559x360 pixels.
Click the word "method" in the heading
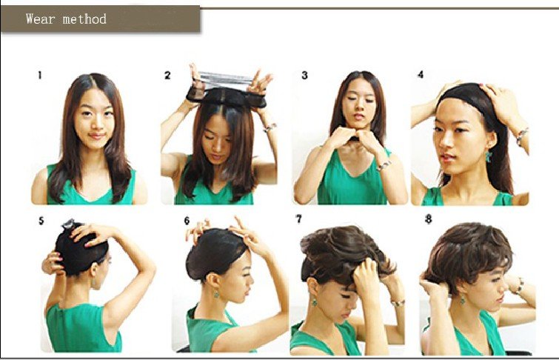84,19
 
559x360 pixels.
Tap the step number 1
40,76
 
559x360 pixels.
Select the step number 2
167,76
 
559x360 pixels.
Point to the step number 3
304,76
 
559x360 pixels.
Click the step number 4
421,75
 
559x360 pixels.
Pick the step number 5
41,221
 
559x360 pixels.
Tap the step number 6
187,221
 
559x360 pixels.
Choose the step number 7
299,219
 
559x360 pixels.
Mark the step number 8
429,219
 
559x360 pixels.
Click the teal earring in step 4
488,156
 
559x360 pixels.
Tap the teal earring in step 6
215,293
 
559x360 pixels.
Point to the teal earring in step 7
314,301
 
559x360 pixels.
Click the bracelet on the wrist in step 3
384,165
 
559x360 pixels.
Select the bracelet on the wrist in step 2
270,127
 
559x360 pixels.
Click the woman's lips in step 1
96,136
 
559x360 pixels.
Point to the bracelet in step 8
518,287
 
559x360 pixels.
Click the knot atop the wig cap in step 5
68,224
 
